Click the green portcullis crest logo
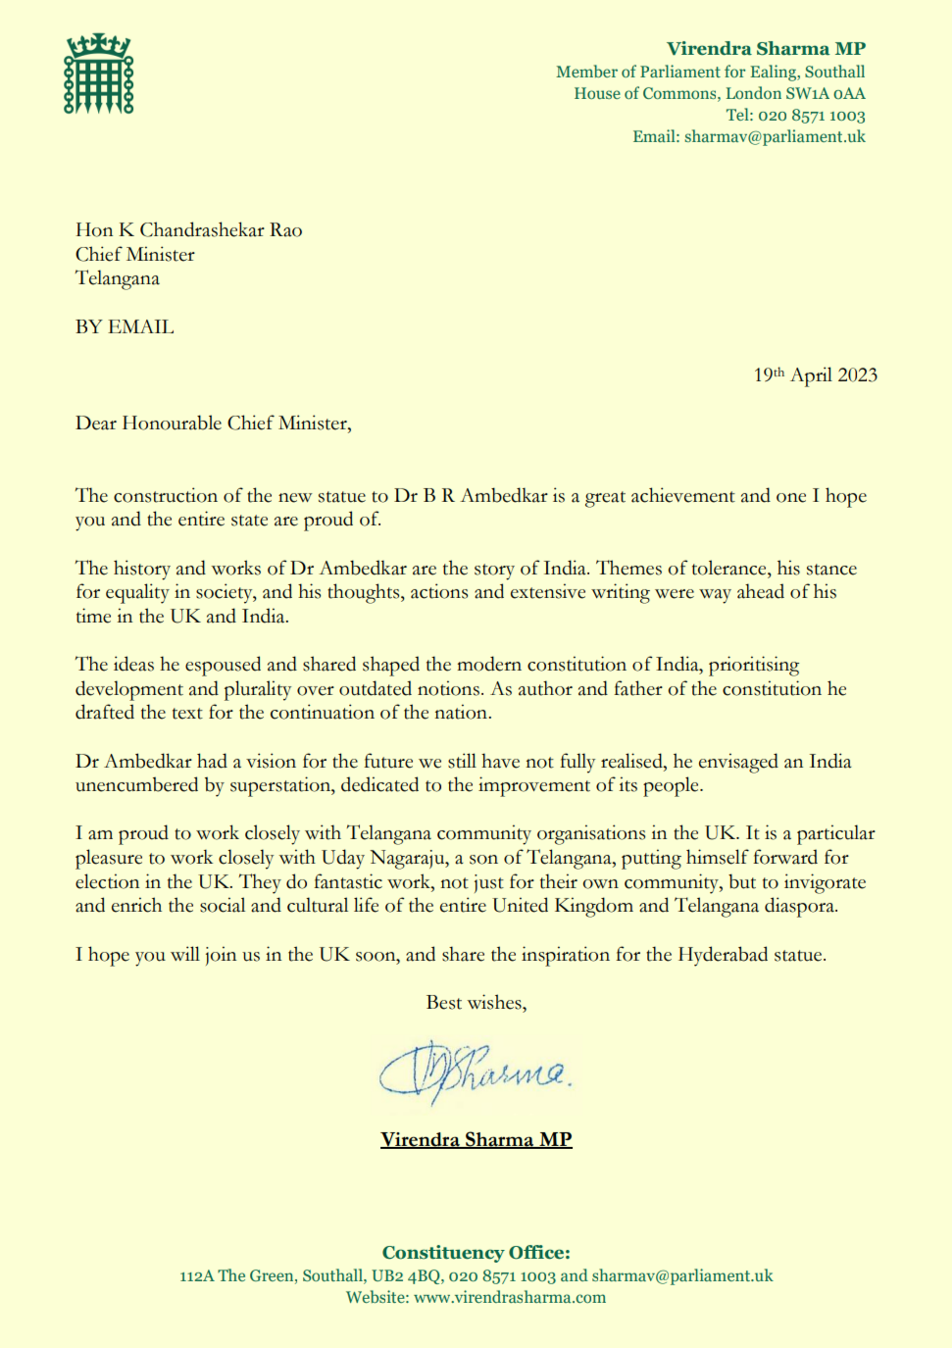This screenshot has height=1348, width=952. point(98,75)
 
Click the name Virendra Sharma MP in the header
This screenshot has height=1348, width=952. point(766,49)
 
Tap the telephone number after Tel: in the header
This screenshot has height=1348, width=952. point(811,116)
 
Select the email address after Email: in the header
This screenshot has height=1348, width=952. point(775,137)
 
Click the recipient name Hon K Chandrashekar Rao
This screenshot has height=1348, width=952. point(188,230)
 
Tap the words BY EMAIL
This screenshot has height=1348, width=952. point(125,327)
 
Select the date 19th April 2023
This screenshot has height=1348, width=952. point(815,375)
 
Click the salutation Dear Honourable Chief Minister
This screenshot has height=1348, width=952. point(213,424)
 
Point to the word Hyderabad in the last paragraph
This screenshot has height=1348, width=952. point(723,955)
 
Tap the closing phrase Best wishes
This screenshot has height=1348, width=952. point(476,1003)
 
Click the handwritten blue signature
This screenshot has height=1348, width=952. point(475,1073)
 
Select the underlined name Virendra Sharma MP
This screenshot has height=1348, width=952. point(476,1140)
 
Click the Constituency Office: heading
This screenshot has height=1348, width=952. point(476,1253)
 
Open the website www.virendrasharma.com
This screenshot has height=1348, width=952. point(510,1298)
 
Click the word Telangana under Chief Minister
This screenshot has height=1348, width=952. point(118,278)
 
